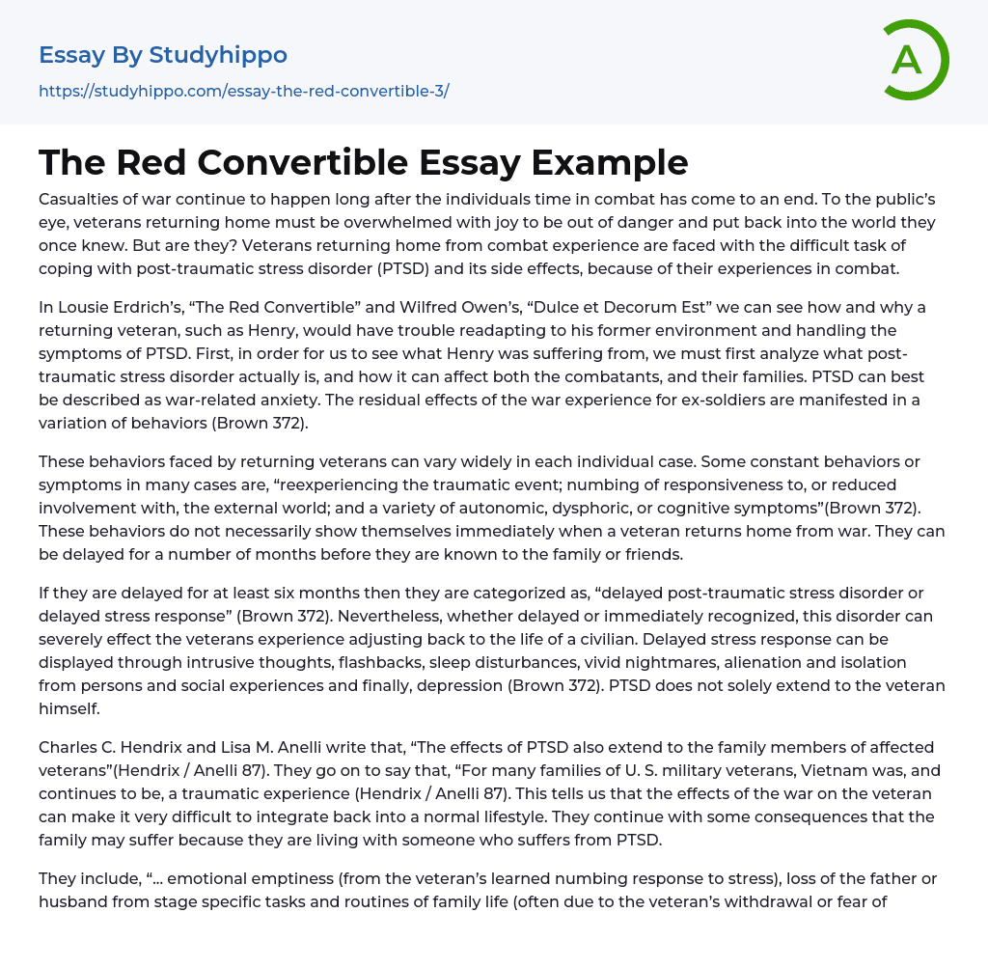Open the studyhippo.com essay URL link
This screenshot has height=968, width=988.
tap(244, 92)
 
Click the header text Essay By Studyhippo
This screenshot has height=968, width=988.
tap(163, 55)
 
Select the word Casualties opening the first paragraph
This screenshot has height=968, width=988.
tap(81, 199)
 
